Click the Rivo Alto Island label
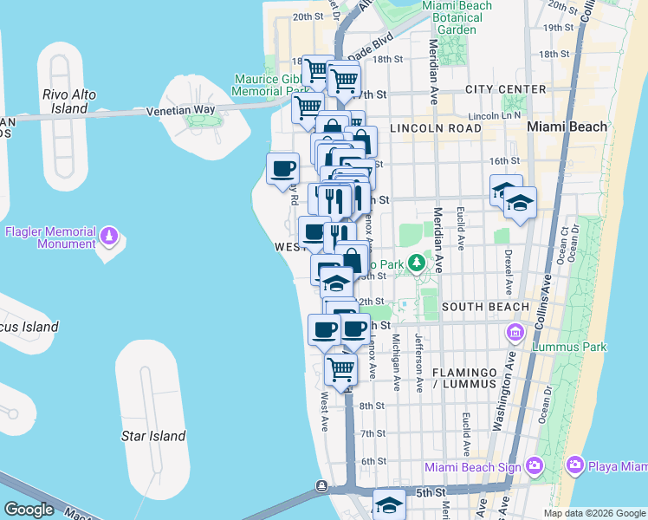pos(65,101)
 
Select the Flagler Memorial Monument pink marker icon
pos(109,235)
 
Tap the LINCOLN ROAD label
pos(435,127)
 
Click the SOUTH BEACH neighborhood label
pos(484,307)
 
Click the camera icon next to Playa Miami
pos(574,467)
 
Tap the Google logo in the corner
pos(29,510)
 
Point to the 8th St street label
pos(373,406)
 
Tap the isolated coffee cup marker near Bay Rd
pos(282,168)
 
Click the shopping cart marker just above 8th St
pos(341,368)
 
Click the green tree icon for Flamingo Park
pos(417,262)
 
